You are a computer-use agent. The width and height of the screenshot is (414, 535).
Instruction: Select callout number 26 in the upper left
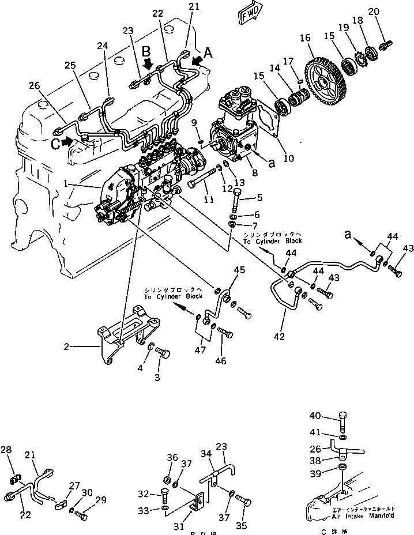point(35,86)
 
